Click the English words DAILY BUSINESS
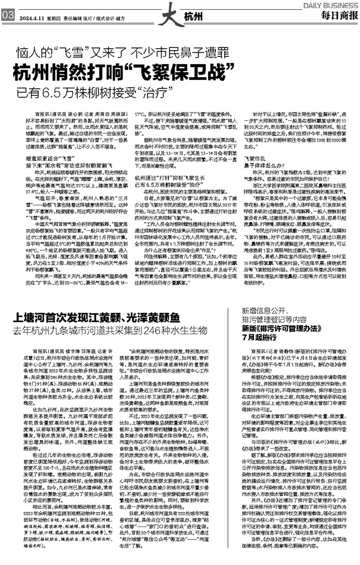(x=330, y=4)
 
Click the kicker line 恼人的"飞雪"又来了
(x=73, y=54)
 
